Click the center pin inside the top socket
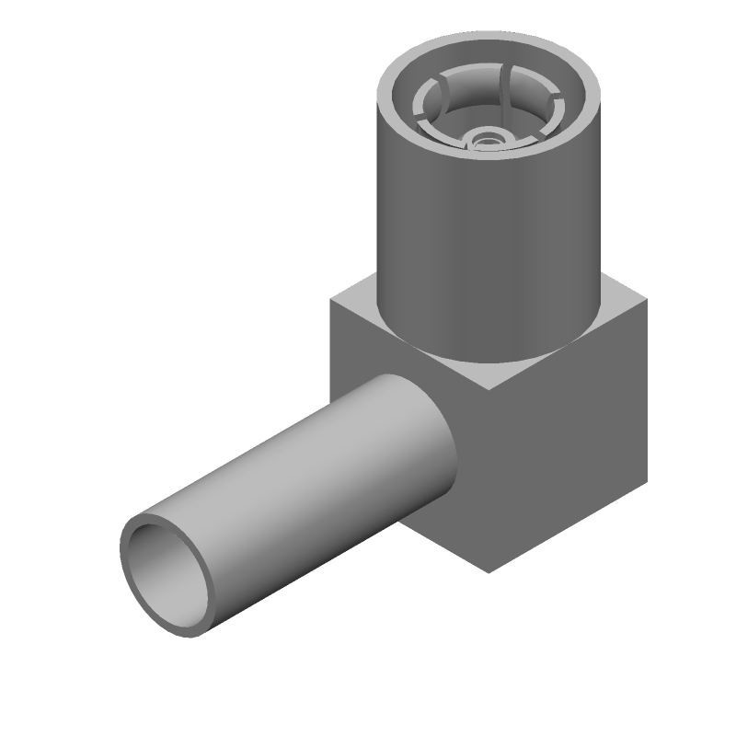489,139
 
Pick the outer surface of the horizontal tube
304,469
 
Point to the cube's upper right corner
646,300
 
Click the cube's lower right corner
646,482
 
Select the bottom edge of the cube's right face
567,528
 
